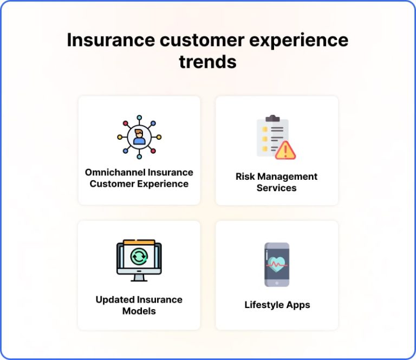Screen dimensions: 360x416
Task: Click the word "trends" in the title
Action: (x=207, y=62)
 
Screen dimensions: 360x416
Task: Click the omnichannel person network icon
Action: (x=139, y=137)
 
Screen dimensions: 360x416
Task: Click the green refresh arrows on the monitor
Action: (x=139, y=256)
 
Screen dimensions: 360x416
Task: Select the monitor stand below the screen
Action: (x=139, y=277)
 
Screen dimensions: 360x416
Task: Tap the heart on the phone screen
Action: (x=277, y=265)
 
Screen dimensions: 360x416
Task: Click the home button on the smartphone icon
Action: (x=277, y=283)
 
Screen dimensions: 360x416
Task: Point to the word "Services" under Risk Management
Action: (x=276, y=188)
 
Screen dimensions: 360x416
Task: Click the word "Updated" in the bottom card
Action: (x=115, y=299)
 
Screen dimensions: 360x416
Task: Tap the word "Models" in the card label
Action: (x=139, y=311)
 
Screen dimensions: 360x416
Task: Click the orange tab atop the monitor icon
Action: (x=139, y=242)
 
